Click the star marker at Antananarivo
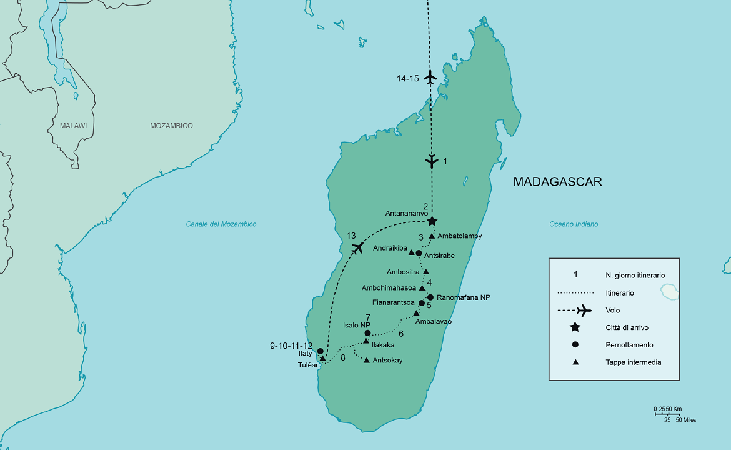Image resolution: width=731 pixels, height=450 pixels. click(432, 221)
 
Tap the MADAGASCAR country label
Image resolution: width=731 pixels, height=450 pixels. click(557, 182)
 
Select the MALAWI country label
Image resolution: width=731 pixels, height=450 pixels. click(73, 126)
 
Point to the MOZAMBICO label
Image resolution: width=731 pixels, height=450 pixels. click(171, 126)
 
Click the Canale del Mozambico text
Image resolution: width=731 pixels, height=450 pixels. click(221, 224)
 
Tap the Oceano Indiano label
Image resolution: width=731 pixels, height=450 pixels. click(573, 224)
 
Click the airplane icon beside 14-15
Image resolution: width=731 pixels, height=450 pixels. click(430, 78)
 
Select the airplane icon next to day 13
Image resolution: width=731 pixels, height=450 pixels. click(357, 248)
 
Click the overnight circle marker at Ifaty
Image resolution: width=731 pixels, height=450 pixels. click(321, 351)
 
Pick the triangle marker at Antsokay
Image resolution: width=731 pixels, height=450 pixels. click(366, 360)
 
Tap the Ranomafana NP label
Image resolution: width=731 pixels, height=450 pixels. click(463, 297)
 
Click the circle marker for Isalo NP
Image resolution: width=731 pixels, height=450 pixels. click(367, 333)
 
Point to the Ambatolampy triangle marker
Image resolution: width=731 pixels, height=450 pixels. click(432, 236)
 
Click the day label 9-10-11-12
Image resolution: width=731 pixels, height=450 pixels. click(291, 345)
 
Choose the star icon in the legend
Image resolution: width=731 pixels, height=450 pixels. click(575, 327)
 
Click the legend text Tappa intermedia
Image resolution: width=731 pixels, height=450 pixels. click(633, 362)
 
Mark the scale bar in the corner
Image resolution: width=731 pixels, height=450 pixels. click(667, 414)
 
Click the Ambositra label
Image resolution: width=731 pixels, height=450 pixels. click(403, 272)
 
